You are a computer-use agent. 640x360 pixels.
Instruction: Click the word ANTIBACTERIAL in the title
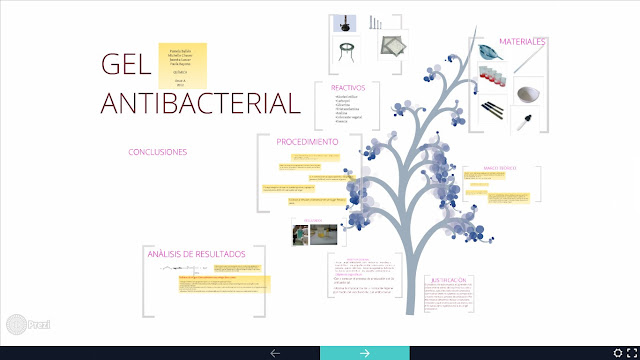(x=200, y=104)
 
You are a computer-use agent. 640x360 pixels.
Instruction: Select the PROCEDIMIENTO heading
(x=307, y=142)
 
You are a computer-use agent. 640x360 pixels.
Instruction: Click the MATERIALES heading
(x=521, y=42)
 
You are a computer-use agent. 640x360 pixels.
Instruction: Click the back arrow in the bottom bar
(x=275, y=352)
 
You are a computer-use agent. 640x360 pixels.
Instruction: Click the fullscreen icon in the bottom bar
(x=625, y=352)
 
